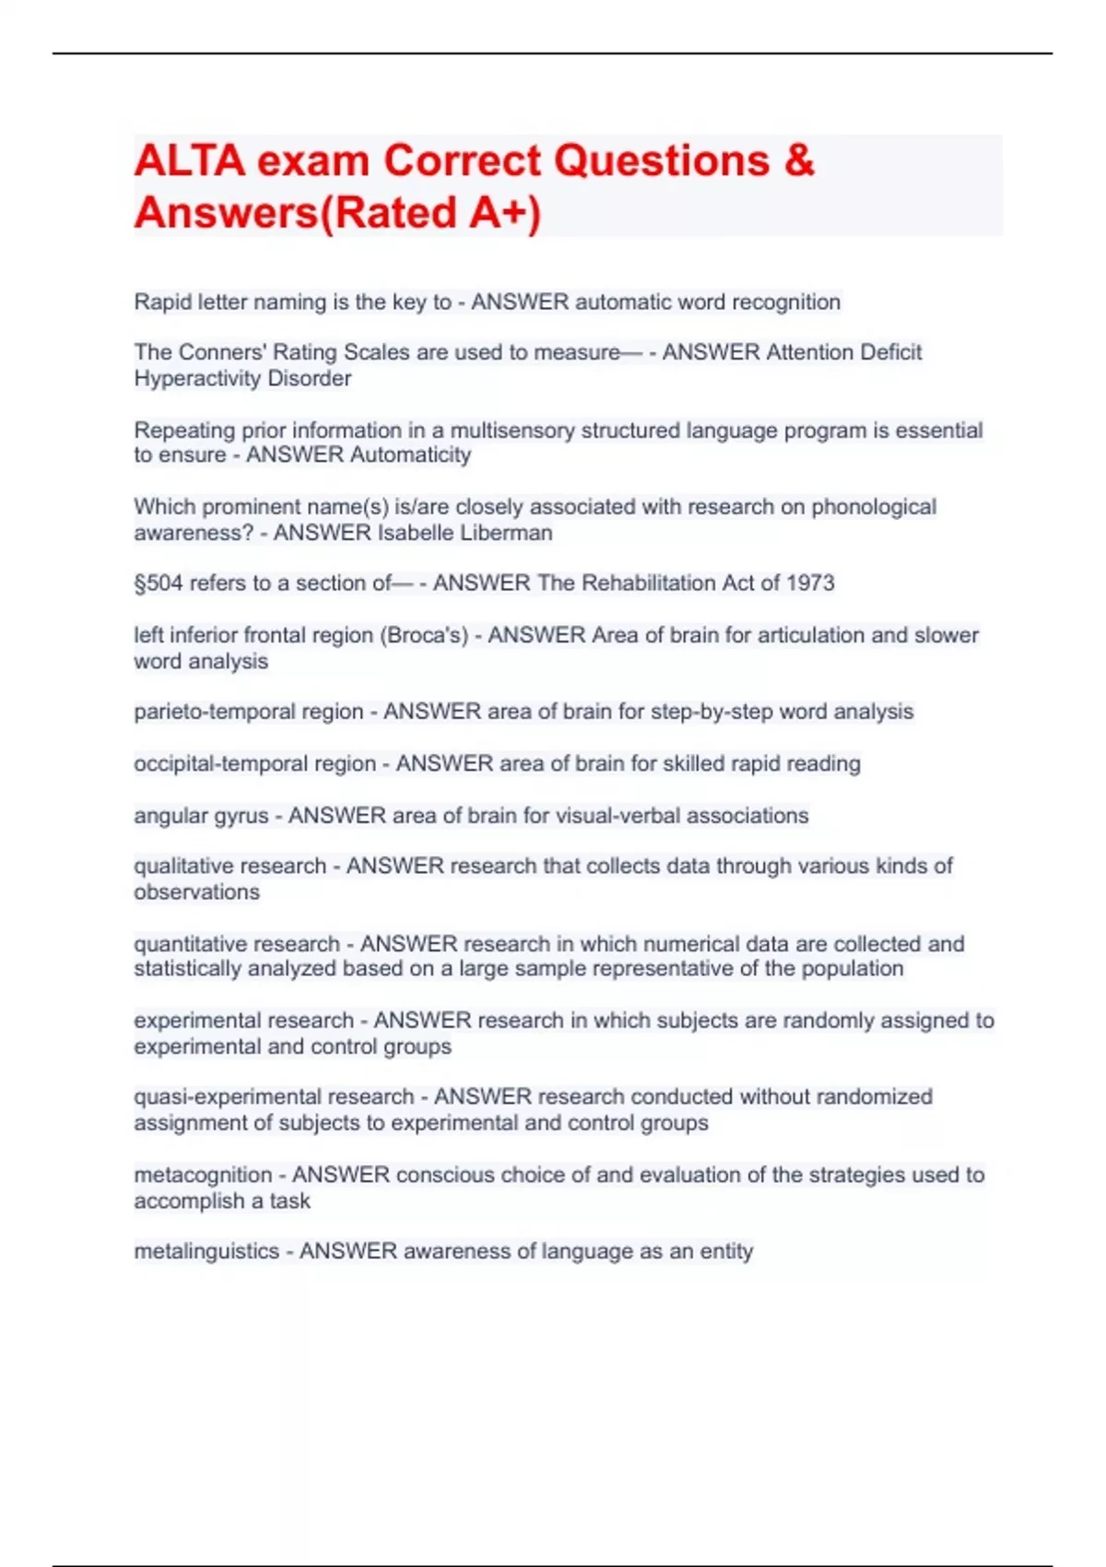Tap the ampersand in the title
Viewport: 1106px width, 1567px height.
799,160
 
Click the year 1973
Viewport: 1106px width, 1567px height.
810,583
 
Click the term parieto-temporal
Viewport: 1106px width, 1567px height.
248,712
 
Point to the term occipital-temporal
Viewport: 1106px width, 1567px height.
254,764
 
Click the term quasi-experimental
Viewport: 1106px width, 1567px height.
273,1097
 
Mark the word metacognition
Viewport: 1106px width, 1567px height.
203,1175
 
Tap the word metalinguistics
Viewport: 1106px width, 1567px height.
206,1252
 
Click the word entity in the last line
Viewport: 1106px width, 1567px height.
726,1252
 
